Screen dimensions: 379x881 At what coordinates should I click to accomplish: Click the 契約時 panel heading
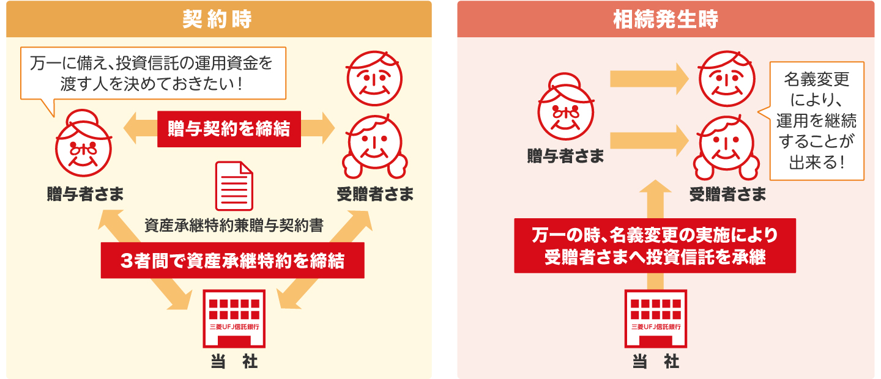(218, 19)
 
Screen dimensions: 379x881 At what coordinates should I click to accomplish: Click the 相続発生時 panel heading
(666, 19)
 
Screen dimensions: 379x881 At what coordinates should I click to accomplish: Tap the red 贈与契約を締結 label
(229, 129)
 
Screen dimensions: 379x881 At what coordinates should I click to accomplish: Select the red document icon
(234, 186)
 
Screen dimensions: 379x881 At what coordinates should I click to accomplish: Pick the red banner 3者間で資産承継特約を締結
(232, 261)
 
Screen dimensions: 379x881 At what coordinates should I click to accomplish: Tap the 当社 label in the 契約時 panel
(234, 362)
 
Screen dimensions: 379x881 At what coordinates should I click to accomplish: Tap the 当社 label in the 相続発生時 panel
(655, 362)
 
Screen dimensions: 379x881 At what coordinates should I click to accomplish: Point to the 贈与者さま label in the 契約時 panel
(86, 194)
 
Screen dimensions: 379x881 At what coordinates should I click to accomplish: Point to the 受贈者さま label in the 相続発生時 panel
(727, 194)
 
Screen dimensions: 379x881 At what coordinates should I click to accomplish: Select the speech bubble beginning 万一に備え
(153, 73)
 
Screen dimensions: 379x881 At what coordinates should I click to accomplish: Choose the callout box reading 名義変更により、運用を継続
(816, 120)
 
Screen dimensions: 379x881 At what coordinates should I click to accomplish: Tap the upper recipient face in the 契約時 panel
(374, 79)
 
